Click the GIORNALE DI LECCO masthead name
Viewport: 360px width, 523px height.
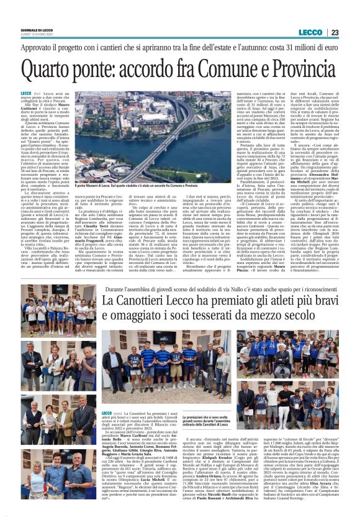click(39, 30)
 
